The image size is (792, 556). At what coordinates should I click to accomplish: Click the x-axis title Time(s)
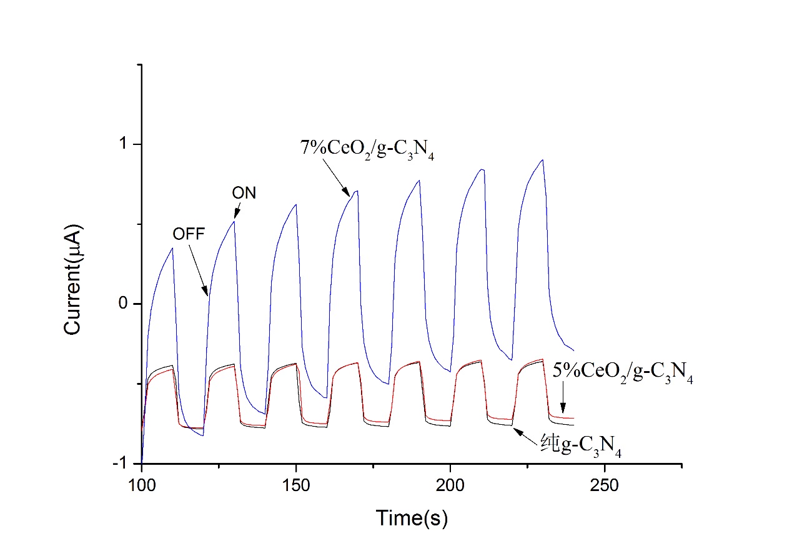(x=412, y=517)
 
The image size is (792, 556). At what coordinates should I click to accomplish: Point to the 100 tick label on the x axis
(x=142, y=485)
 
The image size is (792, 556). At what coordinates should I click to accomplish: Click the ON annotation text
(x=244, y=193)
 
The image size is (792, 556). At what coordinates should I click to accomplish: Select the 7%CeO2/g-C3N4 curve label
(x=367, y=150)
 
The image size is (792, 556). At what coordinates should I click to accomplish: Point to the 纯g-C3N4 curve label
(x=581, y=445)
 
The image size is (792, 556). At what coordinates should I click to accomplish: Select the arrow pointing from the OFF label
(x=199, y=269)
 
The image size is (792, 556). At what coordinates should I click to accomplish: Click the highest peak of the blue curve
(x=543, y=160)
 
